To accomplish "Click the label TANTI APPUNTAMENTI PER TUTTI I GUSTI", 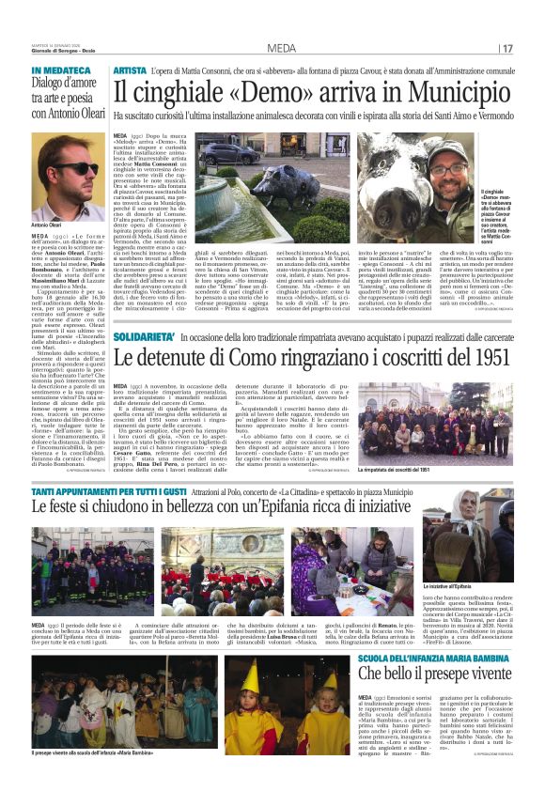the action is pos(100,491).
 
